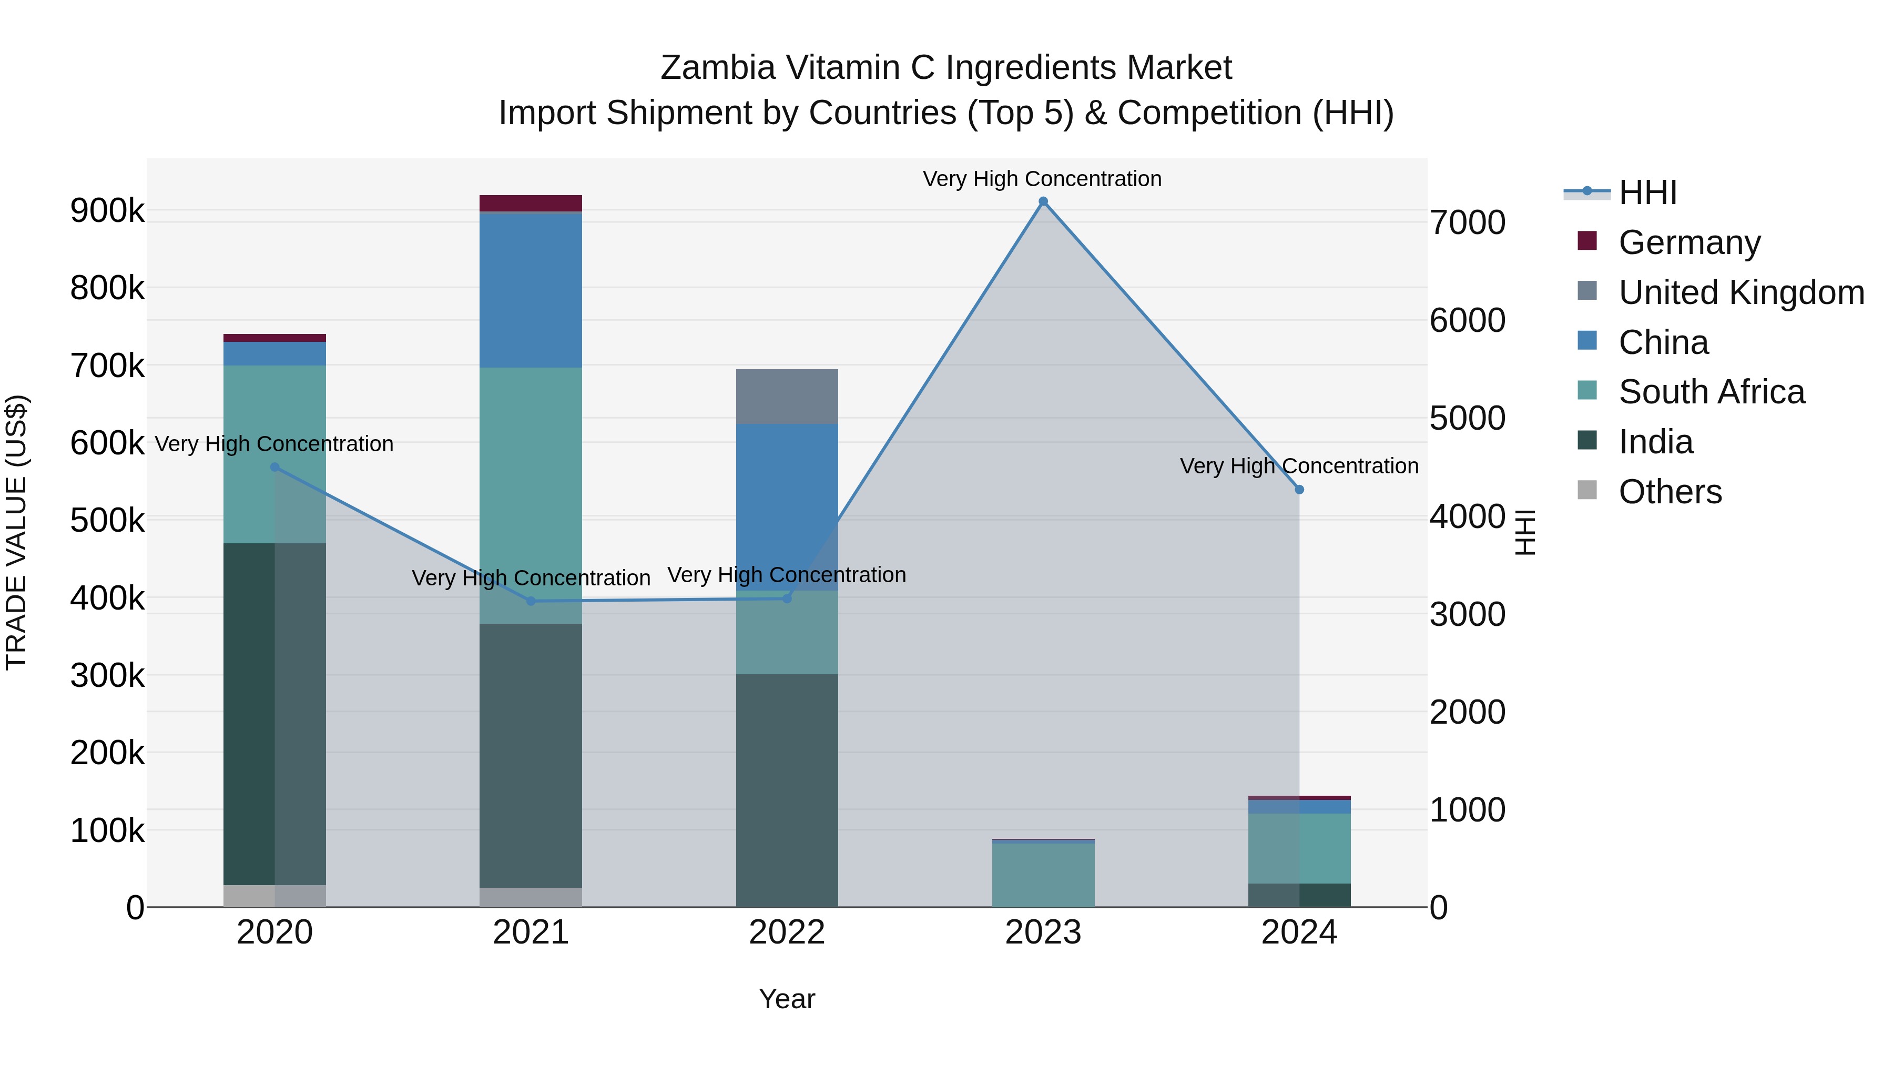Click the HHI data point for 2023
coord(1043,201)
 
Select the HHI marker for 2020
coord(275,466)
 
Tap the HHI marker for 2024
coord(1299,490)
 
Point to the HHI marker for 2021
coord(531,601)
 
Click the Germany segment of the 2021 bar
coord(531,204)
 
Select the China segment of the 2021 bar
coord(531,290)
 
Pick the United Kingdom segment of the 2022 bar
coord(787,397)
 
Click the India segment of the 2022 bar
coord(787,790)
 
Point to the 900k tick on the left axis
coord(107,211)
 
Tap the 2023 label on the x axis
coord(1043,932)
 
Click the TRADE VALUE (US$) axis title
coord(16,532)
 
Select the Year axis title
coord(787,999)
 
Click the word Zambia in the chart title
coord(717,68)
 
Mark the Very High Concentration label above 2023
coord(1042,179)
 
